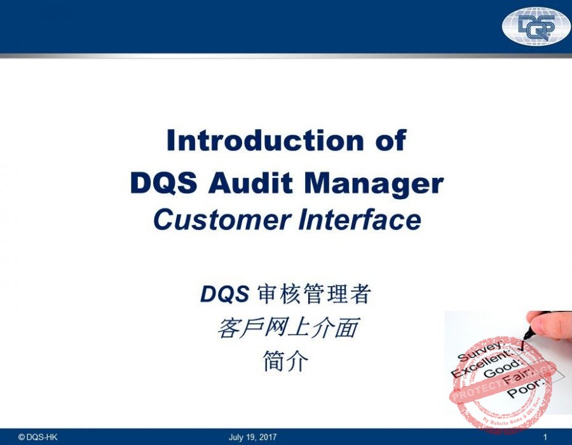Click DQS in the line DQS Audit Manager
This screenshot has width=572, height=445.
pyautogui.click(x=167, y=183)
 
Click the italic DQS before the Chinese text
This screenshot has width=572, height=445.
pyautogui.click(x=225, y=294)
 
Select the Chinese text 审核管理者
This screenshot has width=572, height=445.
pyautogui.click(x=313, y=294)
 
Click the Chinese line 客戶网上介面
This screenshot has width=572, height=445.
pyautogui.click(x=286, y=328)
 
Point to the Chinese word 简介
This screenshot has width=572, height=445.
pyautogui.click(x=286, y=362)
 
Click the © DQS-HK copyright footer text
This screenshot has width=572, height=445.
pyautogui.click(x=38, y=437)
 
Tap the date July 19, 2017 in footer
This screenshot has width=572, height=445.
pyautogui.click(x=253, y=437)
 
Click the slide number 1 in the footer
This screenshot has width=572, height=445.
pyautogui.click(x=546, y=437)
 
